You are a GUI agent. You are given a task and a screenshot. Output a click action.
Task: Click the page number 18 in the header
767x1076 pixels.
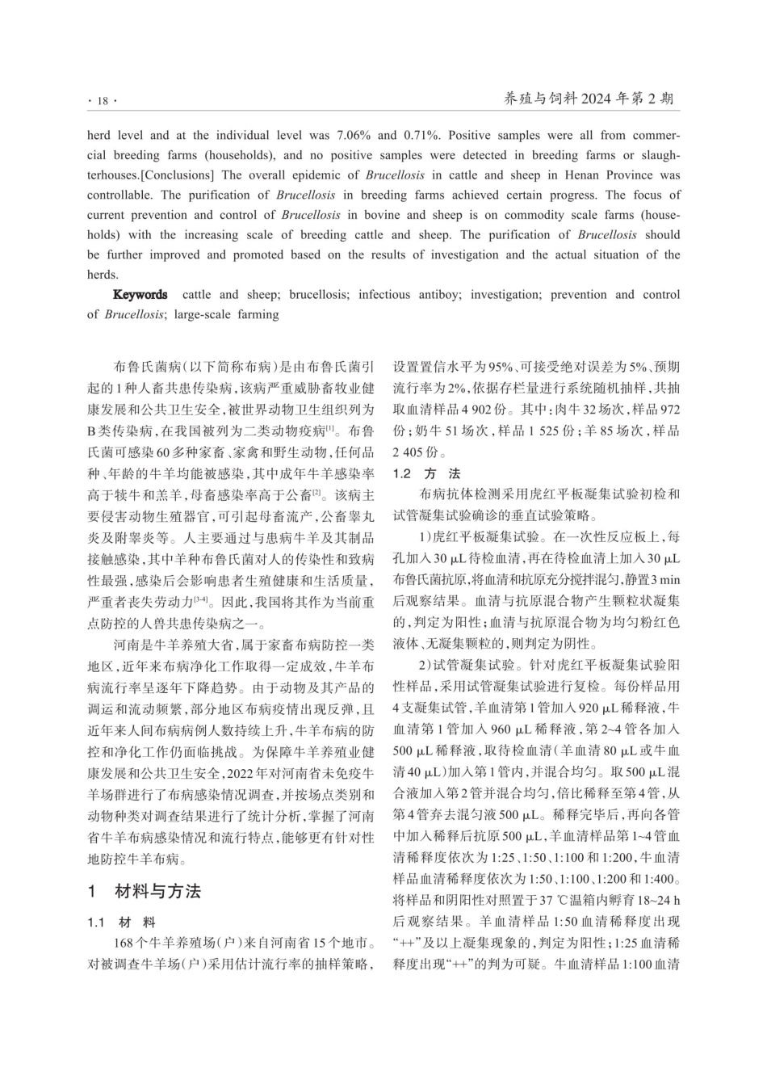click(x=102, y=100)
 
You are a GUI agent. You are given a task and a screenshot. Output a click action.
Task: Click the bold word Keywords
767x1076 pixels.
click(x=140, y=295)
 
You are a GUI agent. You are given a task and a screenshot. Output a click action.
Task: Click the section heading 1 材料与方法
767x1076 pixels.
click(x=145, y=891)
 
